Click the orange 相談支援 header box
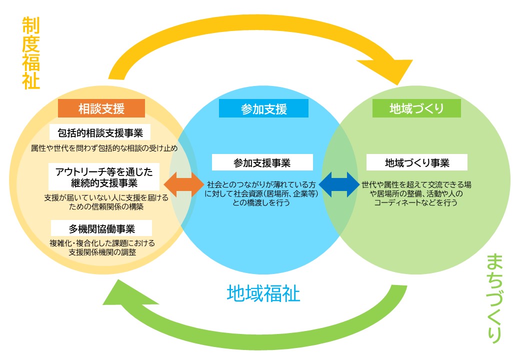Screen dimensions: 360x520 coord(101,108)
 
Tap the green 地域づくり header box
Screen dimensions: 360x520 coord(416,108)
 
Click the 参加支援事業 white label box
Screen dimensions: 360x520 coord(262,163)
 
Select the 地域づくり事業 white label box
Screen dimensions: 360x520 coord(416,162)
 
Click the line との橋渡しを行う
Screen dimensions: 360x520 coord(261,203)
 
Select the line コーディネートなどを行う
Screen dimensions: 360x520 coord(416,203)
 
